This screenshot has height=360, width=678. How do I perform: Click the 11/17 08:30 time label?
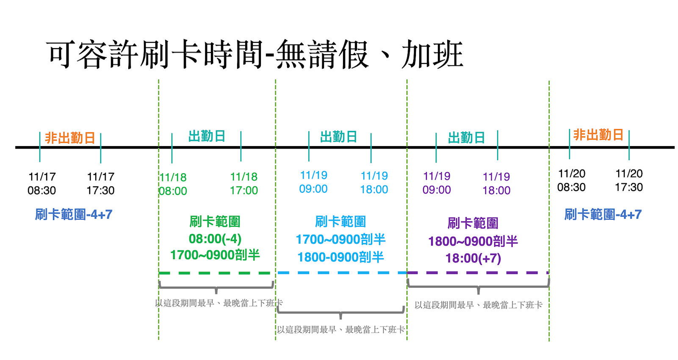point(42,183)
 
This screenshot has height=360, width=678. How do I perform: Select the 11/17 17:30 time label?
point(101,183)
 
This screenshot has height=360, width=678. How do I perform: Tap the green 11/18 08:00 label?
point(173,184)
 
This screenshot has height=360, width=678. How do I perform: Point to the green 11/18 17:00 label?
point(244,183)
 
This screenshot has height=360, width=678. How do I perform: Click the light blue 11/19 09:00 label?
point(313,182)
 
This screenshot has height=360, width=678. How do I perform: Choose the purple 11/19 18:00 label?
point(496,183)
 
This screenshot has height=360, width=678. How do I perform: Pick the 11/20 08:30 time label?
point(571,180)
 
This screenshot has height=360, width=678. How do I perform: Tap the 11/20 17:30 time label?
point(629,180)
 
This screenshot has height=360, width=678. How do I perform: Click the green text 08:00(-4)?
point(215,239)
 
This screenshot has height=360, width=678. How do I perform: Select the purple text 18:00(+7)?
point(473,258)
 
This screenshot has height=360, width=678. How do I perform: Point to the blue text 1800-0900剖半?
point(340,257)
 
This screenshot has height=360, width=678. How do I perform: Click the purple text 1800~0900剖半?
point(473,241)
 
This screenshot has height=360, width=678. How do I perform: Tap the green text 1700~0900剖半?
point(215,255)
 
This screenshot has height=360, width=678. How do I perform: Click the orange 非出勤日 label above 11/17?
point(70,138)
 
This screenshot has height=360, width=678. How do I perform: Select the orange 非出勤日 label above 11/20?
point(598,135)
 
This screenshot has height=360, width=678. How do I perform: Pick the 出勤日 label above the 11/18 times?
point(207,136)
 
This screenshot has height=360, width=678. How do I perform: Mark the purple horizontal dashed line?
point(478,273)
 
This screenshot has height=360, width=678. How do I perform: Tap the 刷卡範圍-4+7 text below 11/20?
point(603,215)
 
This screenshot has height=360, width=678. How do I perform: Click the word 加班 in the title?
point(432,55)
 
